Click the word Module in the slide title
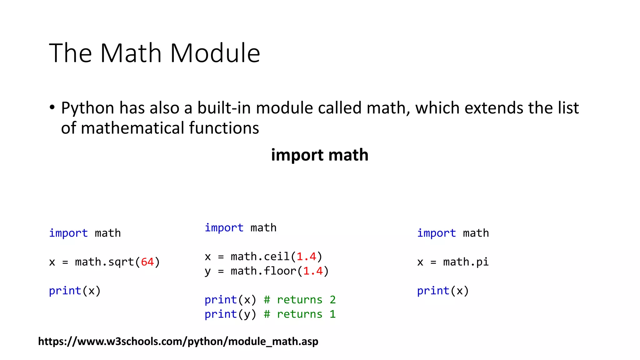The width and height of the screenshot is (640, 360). [215, 53]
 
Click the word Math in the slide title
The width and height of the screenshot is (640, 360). [131, 53]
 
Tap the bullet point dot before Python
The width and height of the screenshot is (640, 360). [52, 107]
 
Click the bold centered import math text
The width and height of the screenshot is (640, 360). [320, 155]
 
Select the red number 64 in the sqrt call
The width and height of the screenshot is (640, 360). [147, 262]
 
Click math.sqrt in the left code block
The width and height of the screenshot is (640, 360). [104, 262]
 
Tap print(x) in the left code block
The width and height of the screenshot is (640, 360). [75, 291]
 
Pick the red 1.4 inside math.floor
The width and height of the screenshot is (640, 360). [313, 271]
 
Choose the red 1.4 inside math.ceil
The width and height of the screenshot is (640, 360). [306, 257]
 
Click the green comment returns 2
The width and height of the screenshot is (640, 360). [299, 300]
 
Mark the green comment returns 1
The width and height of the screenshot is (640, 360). [299, 314]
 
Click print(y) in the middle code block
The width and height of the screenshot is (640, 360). [230, 314]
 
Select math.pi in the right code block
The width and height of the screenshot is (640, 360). [466, 262]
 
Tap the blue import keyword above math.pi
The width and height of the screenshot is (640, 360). [436, 233]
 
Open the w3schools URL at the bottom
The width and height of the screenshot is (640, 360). [178, 342]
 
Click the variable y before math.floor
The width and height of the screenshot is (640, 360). [207, 271]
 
